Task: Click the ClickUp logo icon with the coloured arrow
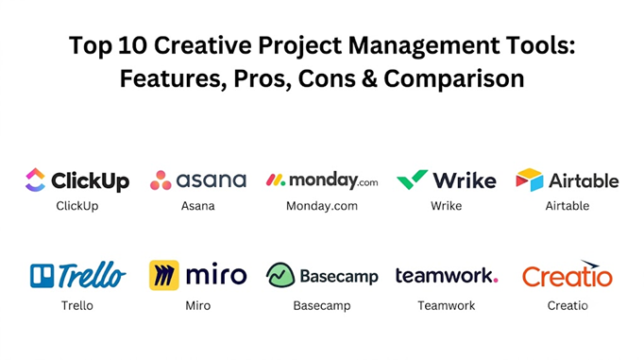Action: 35,180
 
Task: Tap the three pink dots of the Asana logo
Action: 161,180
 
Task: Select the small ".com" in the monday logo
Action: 367,182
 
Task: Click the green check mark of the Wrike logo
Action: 412,180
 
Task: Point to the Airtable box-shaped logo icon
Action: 530,180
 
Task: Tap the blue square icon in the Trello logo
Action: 42,275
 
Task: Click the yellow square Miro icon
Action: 164,275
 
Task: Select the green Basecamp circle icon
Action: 280,275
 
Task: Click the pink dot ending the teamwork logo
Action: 496,281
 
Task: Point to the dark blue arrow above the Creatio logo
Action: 590,264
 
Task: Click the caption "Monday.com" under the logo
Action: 322,206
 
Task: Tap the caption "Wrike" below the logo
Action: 447,205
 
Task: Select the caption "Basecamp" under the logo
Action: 322,306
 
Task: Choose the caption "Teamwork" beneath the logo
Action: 447,305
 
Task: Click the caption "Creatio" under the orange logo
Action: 568,305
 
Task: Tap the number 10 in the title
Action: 132,44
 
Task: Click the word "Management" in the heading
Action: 424,46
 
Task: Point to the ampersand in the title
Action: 369,78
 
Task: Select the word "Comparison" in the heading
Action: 454,79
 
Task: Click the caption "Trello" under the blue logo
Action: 77,305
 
